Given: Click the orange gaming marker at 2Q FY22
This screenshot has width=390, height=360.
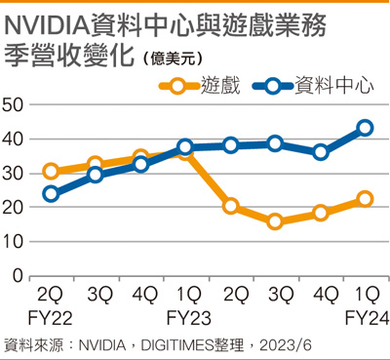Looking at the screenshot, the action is tap(51, 171).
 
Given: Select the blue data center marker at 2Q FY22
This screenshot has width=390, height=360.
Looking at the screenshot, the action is tap(51, 194).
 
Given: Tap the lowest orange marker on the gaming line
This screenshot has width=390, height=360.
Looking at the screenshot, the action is tap(275, 221).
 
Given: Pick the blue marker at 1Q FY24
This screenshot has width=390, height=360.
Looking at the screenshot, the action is tap(365, 128).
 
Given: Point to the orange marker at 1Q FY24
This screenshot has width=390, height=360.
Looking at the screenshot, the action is tap(365, 199).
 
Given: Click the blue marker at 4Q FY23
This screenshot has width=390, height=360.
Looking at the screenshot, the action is tap(321, 152).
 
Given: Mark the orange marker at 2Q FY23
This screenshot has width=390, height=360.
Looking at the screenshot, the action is tap(231, 206).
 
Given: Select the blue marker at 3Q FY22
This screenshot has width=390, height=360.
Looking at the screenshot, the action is tap(96, 175).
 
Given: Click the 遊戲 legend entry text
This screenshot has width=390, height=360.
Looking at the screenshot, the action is tap(220, 86).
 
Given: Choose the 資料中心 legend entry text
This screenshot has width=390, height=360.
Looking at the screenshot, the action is tap(334, 86).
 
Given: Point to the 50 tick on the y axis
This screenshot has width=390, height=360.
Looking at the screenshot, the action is tap(13, 104).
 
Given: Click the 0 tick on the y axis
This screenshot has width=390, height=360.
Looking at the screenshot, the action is tap(19, 276).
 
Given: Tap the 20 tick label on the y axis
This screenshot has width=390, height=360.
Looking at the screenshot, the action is tap(13, 208).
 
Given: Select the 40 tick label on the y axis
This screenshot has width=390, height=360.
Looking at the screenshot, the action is tap(13, 140).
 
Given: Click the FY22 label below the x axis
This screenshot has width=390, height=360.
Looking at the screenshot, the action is tap(50, 318).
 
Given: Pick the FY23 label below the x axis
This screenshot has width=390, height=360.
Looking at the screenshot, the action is tap(188, 318).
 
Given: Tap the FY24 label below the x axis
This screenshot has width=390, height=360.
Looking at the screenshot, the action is tap(367, 318).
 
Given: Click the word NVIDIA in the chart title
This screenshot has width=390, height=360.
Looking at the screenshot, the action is tap(48, 26).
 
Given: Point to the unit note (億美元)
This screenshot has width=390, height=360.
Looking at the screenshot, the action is tap(173, 59).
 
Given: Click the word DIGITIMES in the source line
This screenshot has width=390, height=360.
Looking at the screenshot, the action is tap(177, 345).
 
